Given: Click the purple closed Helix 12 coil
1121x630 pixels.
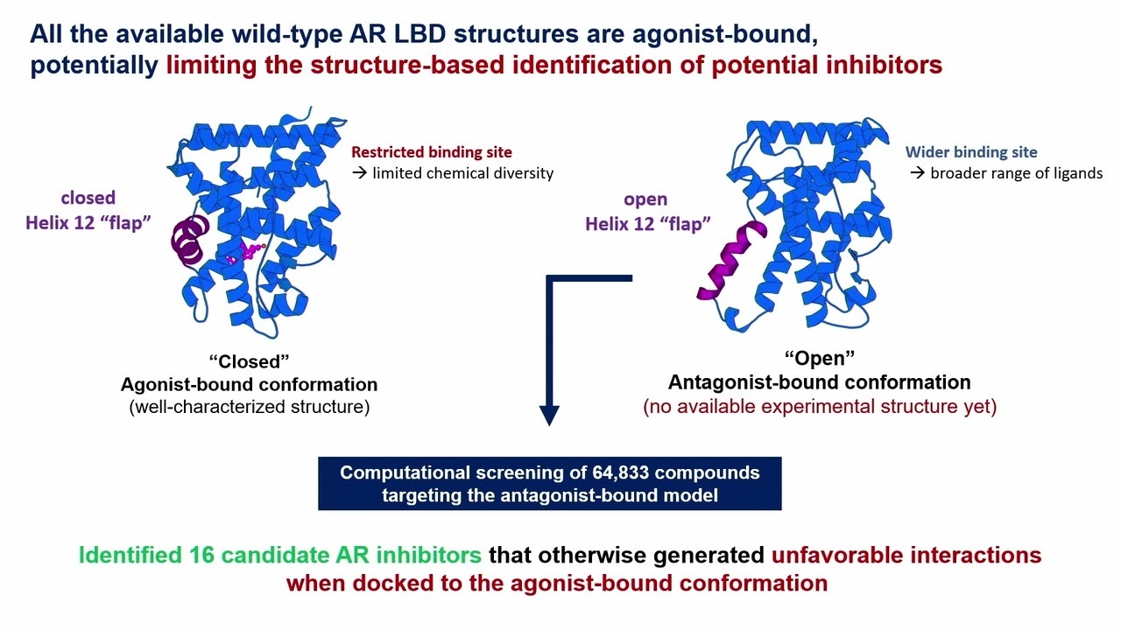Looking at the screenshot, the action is [x=188, y=240].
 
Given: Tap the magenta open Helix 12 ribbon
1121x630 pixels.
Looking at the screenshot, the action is [x=731, y=262].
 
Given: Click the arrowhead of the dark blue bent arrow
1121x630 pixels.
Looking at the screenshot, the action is [x=549, y=415].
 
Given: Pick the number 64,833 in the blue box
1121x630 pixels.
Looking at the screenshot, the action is [x=631, y=472].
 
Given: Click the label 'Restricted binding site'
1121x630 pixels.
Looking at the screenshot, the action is [x=432, y=152].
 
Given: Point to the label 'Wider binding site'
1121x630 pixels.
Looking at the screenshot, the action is [x=971, y=152].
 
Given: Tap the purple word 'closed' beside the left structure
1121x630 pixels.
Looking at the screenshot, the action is [x=88, y=198].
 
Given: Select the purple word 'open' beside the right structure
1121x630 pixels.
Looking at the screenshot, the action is [x=645, y=199].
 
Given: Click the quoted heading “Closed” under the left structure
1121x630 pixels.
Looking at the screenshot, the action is [x=250, y=361].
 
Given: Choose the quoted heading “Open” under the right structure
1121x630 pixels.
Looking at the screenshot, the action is [x=819, y=358].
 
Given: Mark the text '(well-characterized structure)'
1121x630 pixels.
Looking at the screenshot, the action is [x=250, y=407].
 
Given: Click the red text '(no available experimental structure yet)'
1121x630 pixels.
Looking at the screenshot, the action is [x=820, y=406].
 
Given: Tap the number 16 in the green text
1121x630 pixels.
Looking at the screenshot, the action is [x=201, y=555].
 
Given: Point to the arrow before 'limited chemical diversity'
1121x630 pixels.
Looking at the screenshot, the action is [x=360, y=173].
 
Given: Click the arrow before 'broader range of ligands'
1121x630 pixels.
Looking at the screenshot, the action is [x=917, y=173].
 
